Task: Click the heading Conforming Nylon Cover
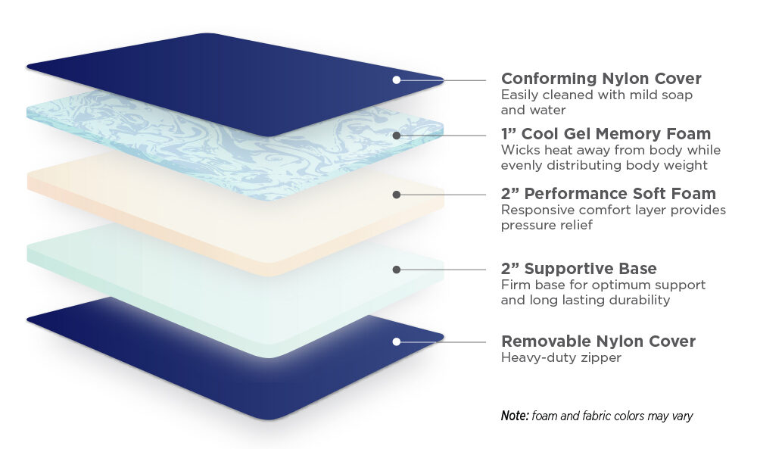pos(601,78)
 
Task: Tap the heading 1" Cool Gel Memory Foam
pos(606,134)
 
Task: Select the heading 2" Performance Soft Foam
pos(609,194)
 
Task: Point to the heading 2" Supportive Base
pos(579,269)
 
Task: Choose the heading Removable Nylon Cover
pos(598,341)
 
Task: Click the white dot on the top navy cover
pos(397,80)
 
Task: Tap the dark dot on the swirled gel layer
pos(397,136)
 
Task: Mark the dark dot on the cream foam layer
pos(397,195)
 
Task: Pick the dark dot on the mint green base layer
pos(397,270)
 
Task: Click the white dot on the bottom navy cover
pos(397,341)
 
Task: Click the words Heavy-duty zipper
pos(561,357)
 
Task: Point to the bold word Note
pos(515,416)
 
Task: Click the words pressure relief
pos(547,226)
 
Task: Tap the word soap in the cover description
pos(676,95)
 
